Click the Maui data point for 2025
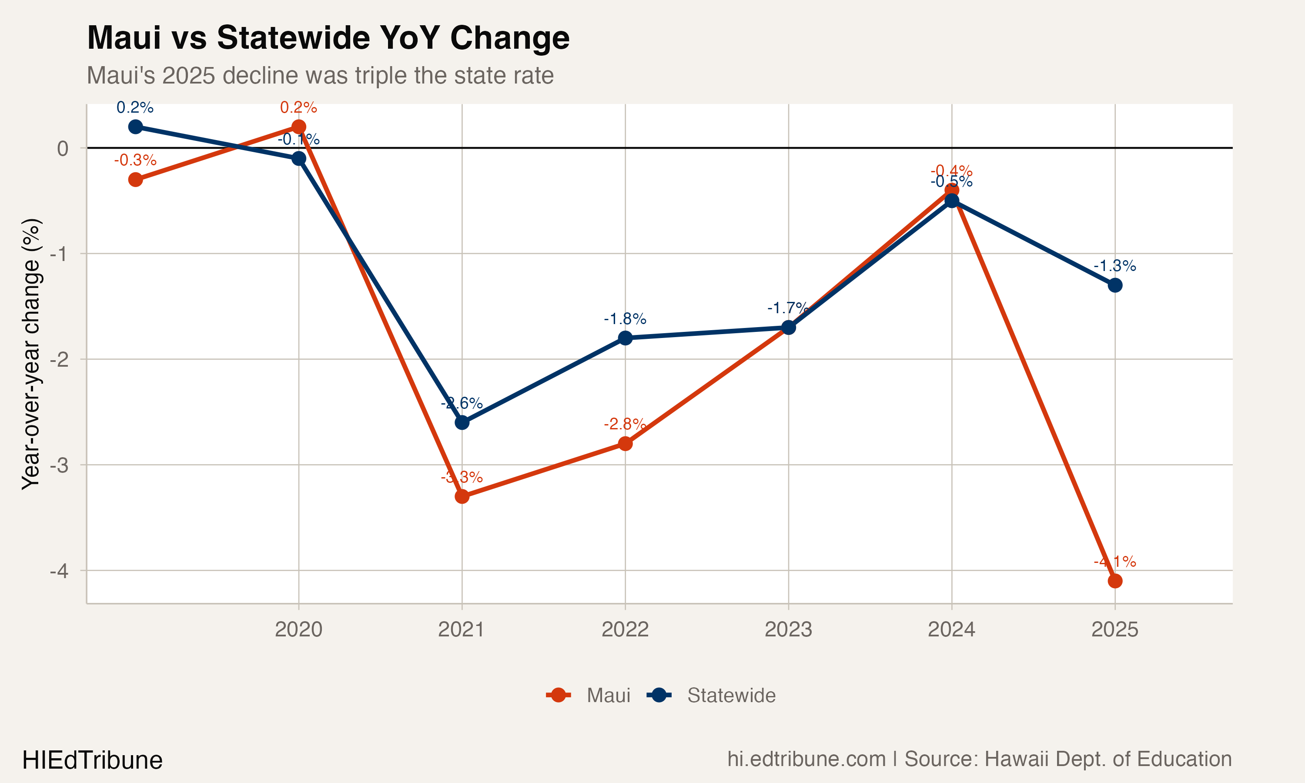click(1114, 581)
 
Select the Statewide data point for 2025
click(1114, 285)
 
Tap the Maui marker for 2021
click(462, 496)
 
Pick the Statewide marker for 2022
click(625, 338)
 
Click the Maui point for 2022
click(625, 444)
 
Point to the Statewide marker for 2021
click(462, 423)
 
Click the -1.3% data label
click(1114, 265)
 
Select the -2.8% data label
click(625, 424)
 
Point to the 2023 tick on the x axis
click(788, 629)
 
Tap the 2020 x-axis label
click(298, 629)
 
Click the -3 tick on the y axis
click(59, 465)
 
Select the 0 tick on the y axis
click(63, 148)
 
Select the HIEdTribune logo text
click(92, 760)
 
